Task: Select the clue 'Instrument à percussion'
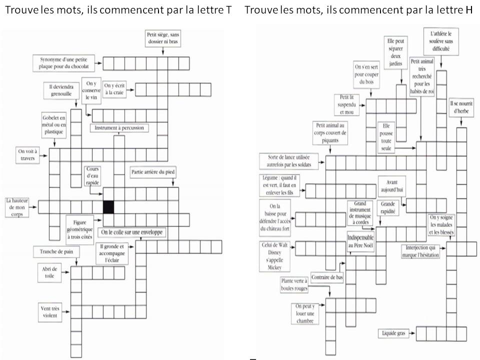point(119,128)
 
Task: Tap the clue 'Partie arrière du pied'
point(153,172)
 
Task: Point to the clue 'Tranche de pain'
point(56,251)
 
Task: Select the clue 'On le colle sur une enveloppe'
point(133,232)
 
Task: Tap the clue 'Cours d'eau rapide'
point(94,175)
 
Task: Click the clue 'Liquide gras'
point(393,333)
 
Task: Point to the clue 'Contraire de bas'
point(326,278)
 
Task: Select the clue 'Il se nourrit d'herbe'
point(458,107)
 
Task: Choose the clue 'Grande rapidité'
point(388,208)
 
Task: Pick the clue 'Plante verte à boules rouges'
point(294,285)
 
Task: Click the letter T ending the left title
point(228,10)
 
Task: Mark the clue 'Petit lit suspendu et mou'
point(347,105)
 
